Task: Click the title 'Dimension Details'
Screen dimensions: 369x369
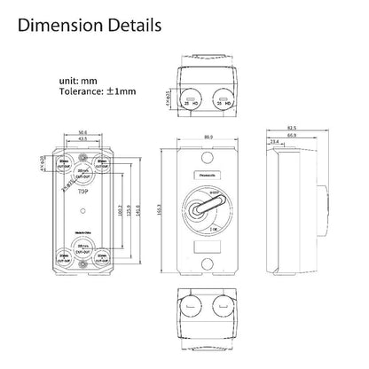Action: [99, 24]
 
